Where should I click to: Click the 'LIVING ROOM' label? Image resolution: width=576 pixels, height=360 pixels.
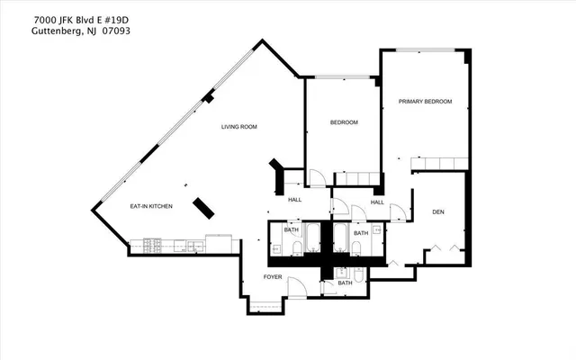[x=238, y=127]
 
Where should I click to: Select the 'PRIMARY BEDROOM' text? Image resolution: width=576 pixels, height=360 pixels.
[x=425, y=102]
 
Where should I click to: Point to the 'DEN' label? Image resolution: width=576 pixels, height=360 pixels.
[x=438, y=212]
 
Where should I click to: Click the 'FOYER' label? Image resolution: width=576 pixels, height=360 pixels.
[x=272, y=277]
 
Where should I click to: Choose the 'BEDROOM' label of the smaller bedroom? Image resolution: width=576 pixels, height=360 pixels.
[x=344, y=122]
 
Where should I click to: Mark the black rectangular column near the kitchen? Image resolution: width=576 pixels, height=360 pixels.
[x=202, y=207]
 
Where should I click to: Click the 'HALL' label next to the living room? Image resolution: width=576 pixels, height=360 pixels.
[x=294, y=199]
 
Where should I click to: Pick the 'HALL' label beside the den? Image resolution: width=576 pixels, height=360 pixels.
[x=377, y=202]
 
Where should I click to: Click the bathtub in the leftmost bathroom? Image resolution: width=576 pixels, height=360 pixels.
[x=310, y=238]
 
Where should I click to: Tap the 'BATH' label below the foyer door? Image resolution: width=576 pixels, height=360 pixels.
[x=345, y=283]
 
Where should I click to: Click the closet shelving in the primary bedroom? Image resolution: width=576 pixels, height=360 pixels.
[x=438, y=163]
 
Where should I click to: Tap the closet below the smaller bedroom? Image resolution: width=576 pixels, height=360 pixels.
[x=355, y=179]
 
